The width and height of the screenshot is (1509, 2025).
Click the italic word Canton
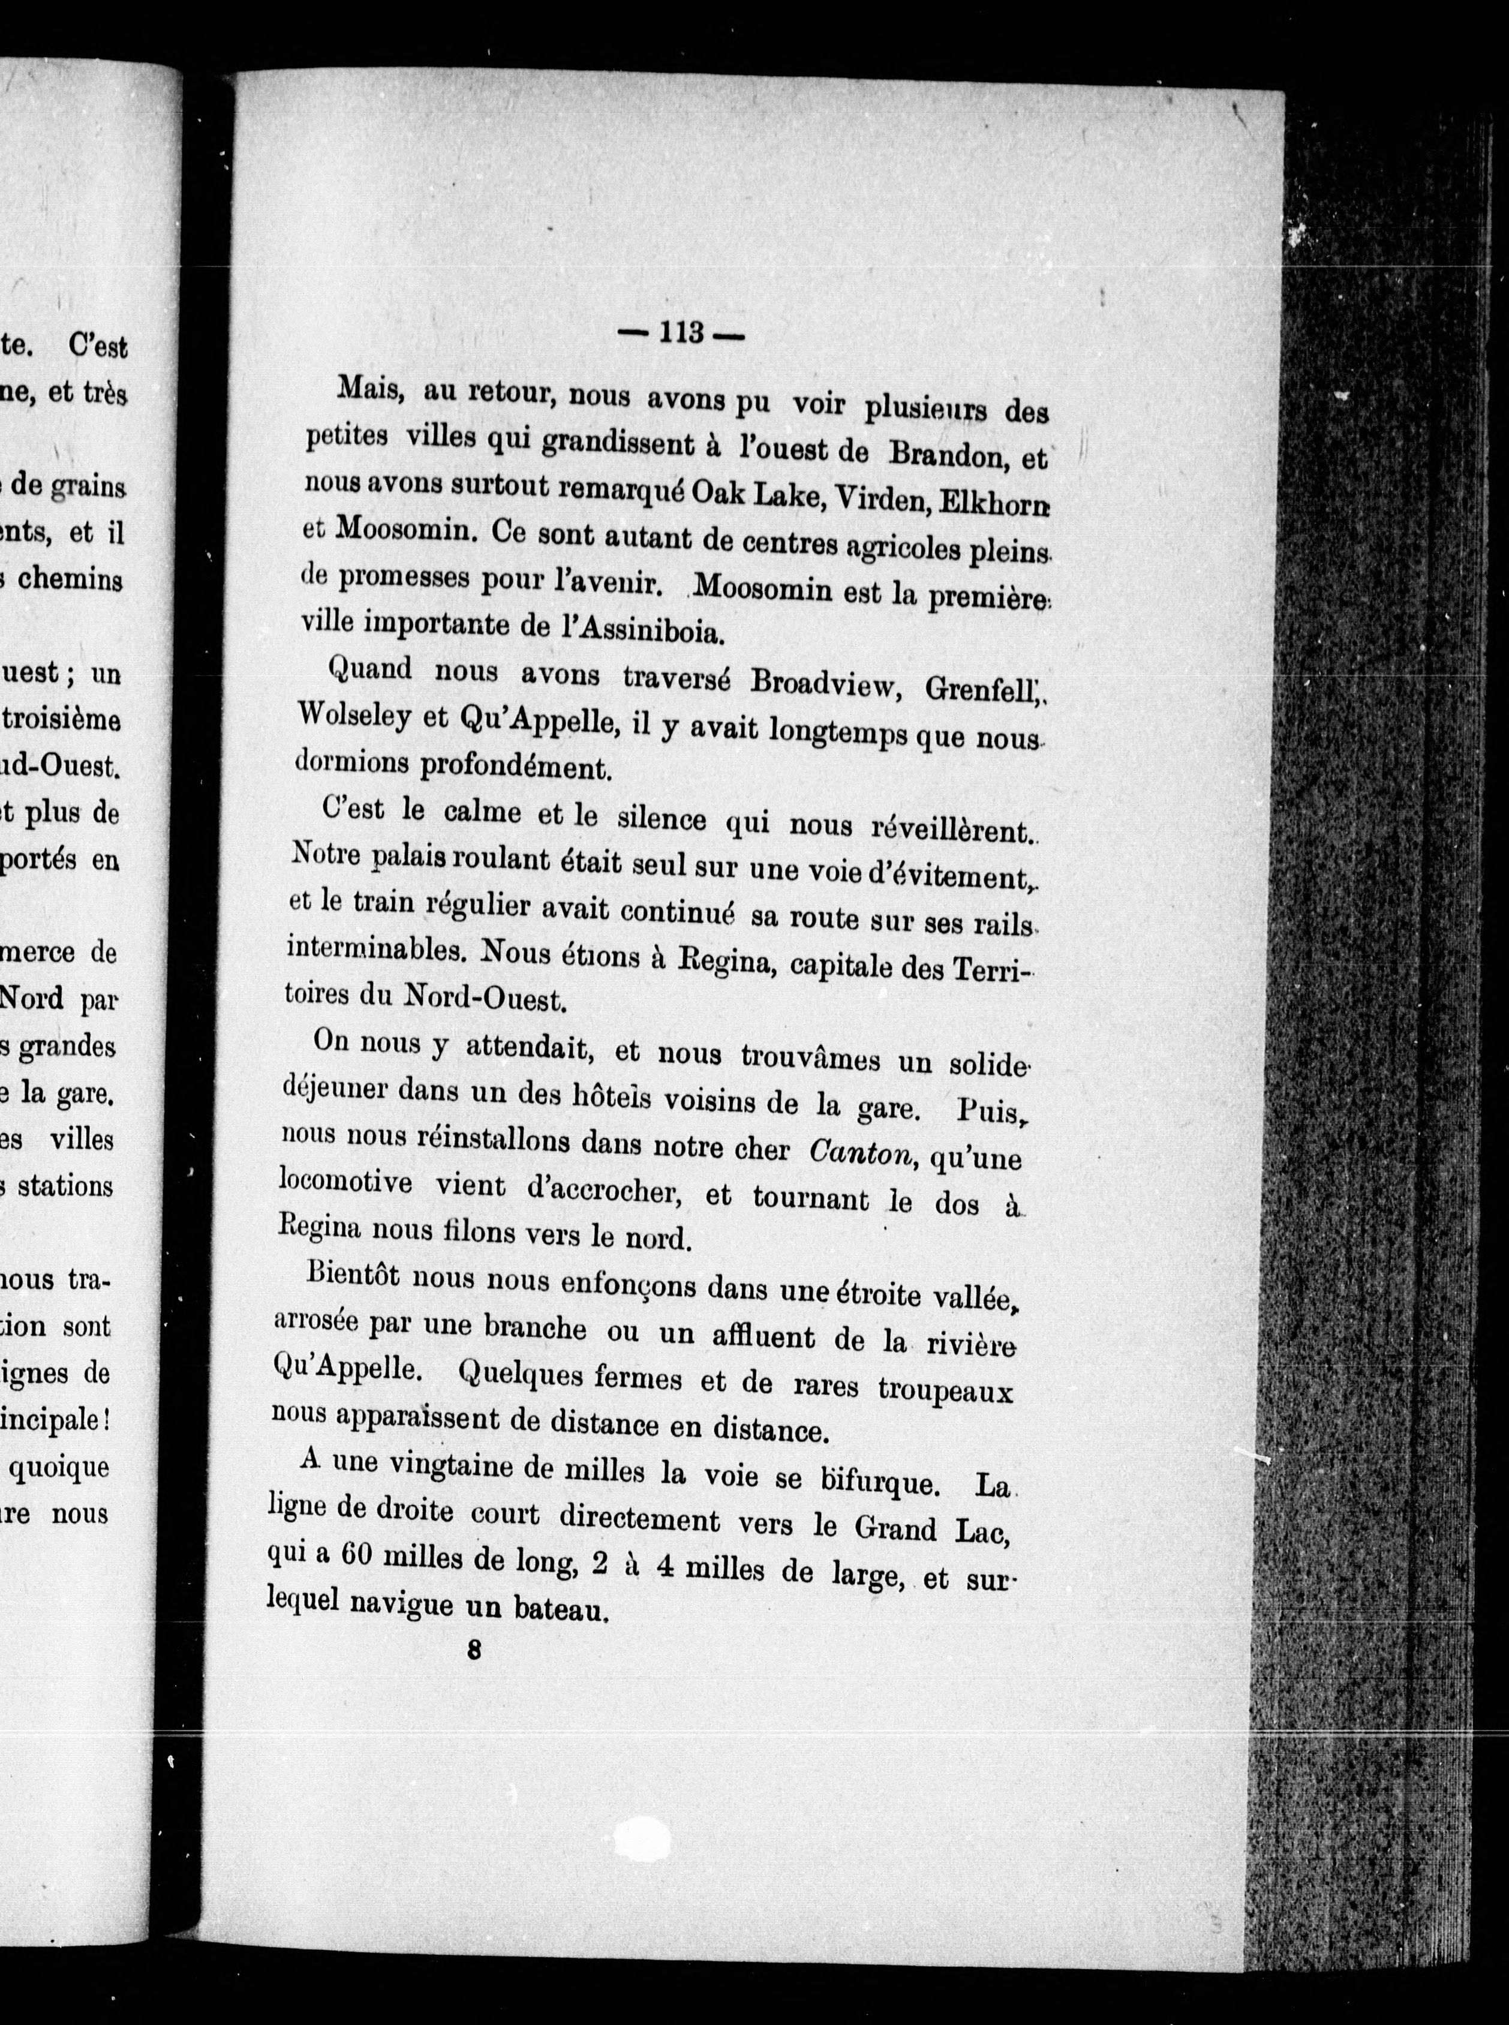tap(861, 1153)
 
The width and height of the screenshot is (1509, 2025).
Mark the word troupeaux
tap(945, 1390)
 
